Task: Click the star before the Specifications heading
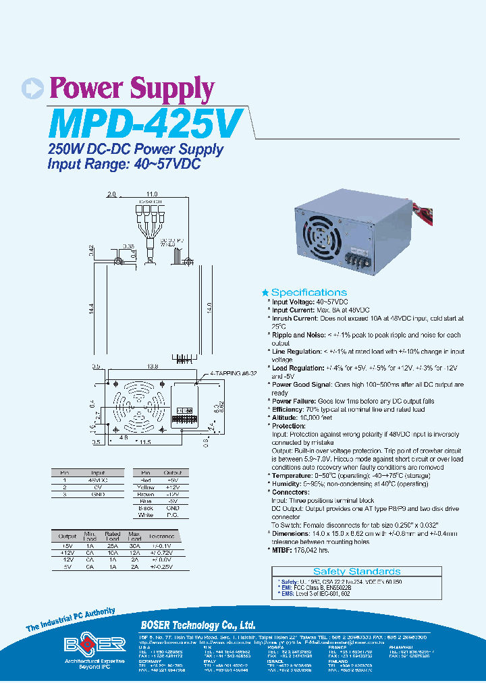(x=265, y=292)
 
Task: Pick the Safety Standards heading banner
(x=356, y=571)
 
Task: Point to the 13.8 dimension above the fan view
(x=152, y=366)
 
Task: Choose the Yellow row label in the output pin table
(x=146, y=487)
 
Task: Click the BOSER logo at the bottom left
(x=95, y=644)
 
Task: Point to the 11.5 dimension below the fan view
(x=143, y=442)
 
